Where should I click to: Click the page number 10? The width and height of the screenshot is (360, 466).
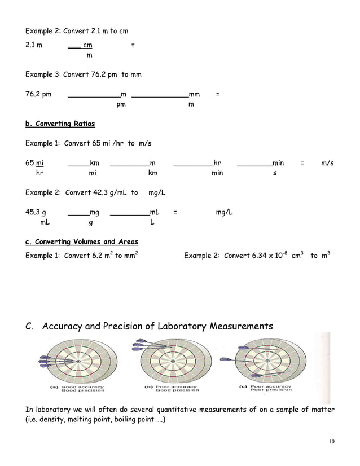pos(331,441)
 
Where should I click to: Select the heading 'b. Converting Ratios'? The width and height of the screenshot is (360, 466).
pos(60,124)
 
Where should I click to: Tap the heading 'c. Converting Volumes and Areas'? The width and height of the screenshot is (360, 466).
pos(82,241)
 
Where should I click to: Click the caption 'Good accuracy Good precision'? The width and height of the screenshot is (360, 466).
pos(79,389)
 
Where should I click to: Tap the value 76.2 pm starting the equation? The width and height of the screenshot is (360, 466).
pos(38,94)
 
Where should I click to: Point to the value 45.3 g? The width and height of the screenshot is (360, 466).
pos(36,213)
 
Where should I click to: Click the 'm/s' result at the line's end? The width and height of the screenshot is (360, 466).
pos(327,163)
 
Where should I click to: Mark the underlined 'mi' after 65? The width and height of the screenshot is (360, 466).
pos(40,163)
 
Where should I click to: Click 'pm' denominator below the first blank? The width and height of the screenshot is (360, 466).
pos(121,104)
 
